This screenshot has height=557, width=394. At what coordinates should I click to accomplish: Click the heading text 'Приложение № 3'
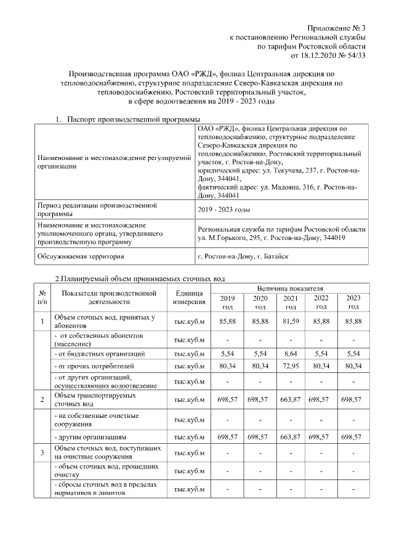tap(337, 29)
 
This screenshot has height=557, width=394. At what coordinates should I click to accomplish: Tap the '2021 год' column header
tap(290, 302)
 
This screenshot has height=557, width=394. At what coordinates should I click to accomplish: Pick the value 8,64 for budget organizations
tap(290, 354)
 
